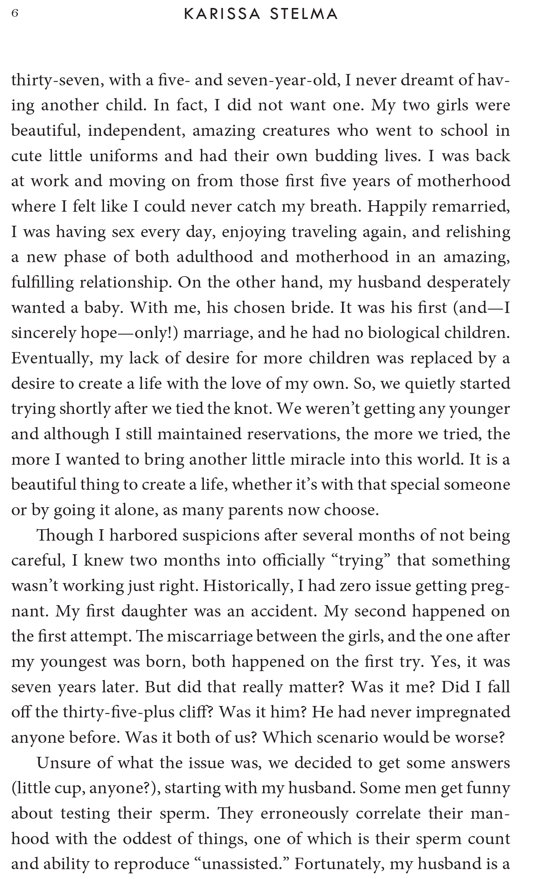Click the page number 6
(x=15, y=14)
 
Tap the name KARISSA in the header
(x=222, y=14)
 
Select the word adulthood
(x=214, y=257)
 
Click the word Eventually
(x=52, y=359)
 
